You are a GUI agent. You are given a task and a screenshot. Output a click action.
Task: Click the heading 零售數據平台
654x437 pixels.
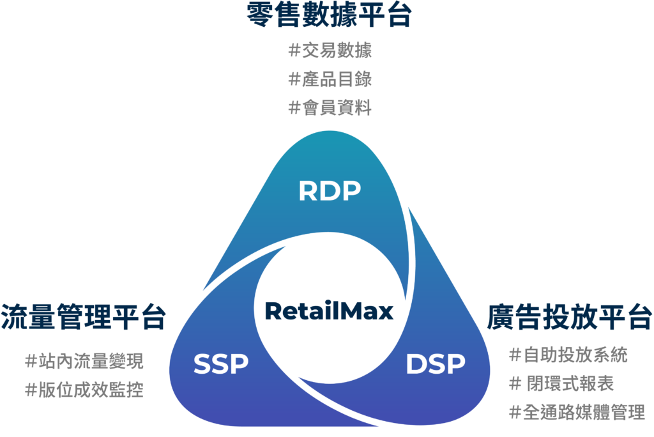(329, 15)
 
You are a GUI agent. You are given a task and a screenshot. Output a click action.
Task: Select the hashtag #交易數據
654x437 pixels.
(330, 50)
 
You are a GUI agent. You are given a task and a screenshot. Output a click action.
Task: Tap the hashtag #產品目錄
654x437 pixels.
(330, 79)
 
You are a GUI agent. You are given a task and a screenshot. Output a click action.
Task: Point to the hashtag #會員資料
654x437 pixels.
(330, 107)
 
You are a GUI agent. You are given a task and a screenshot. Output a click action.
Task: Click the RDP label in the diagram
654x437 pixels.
(330, 190)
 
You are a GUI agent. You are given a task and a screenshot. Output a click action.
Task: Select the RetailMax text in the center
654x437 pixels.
(329, 312)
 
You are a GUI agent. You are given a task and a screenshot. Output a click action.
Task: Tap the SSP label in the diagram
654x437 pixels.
(220, 364)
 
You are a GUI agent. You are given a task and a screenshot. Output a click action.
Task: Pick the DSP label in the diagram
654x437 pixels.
(436, 364)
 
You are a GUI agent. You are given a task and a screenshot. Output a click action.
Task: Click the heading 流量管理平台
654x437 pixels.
(84, 317)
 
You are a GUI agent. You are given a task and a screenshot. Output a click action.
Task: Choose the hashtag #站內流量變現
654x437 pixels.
(84, 361)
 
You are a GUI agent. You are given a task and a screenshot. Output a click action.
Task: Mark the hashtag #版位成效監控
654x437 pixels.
(84, 389)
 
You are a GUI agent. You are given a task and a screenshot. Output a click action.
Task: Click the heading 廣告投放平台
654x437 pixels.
(570, 317)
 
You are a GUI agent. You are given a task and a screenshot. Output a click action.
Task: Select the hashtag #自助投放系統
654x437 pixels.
(568, 355)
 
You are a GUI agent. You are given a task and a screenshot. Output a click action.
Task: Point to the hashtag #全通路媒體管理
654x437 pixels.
(576, 412)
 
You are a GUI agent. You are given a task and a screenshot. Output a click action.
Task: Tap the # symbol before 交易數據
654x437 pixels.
(294, 50)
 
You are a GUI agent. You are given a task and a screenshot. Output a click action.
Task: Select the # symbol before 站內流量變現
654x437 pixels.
(30, 361)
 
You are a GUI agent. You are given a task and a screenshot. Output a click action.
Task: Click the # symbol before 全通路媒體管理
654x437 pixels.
(514, 412)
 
